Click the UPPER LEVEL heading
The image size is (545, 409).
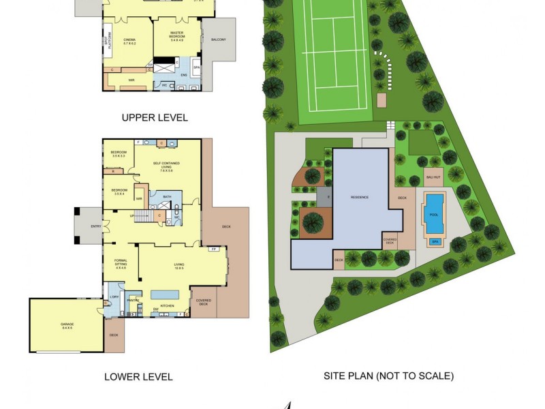tap(155, 117)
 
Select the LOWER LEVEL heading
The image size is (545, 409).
tap(138, 376)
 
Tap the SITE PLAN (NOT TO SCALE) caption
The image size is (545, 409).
tap(388, 376)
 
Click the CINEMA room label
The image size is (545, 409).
tap(129, 42)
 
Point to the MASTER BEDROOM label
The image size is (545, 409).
tap(177, 38)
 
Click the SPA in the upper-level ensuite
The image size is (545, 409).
tap(196, 68)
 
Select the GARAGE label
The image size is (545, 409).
tap(66, 326)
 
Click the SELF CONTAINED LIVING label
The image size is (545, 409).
tap(167, 167)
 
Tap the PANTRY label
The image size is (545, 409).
tap(133, 299)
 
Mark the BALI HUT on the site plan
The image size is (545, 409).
tap(433, 178)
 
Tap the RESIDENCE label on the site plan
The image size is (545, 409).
tap(360, 197)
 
